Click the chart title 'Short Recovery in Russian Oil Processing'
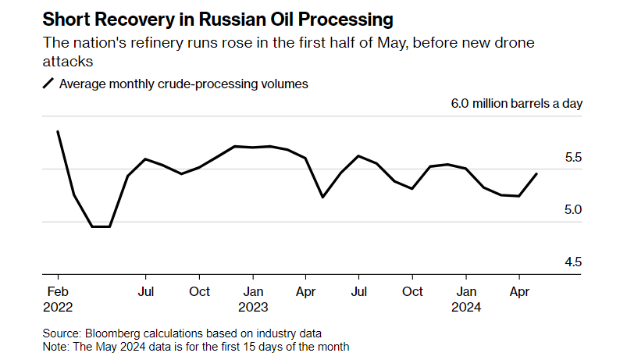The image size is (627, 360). pyautogui.click(x=217, y=17)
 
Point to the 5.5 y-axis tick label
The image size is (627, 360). pyautogui.click(x=572, y=158)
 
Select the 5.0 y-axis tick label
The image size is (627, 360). pyautogui.click(x=572, y=210)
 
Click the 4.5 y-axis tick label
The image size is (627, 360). pyautogui.click(x=572, y=262)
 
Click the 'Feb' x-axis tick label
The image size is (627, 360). pyautogui.click(x=58, y=291)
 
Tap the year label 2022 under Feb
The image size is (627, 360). pyautogui.click(x=58, y=307)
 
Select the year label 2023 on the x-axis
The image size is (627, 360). pyautogui.click(x=252, y=307)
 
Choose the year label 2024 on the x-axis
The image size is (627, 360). pyautogui.click(x=466, y=307)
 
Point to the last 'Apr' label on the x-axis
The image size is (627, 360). pyautogui.click(x=519, y=291)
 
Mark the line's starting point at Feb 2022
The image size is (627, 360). pyautogui.click(x=58, y=131)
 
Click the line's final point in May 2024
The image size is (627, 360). pyautogui.click(x=536, y=173)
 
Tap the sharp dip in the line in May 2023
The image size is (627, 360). pyautogui.click(x=323, y=197)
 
